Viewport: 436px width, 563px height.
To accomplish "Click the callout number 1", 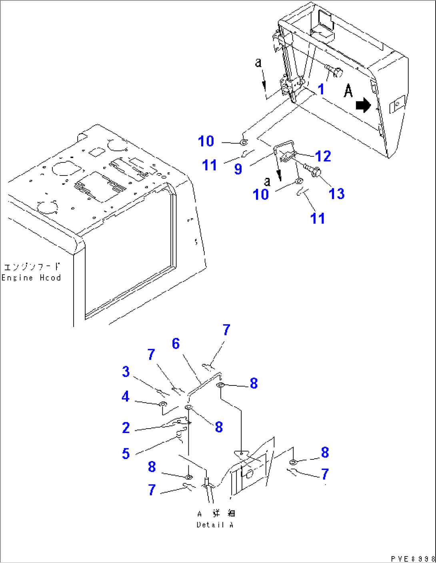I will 321,89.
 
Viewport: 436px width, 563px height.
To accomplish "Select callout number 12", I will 323,156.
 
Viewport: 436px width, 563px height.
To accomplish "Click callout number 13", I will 336,194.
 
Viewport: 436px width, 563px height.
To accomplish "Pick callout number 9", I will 238,169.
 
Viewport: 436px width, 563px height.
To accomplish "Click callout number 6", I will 176,343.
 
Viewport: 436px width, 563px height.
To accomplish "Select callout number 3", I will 126,371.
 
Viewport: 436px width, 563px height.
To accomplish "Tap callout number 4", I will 126,396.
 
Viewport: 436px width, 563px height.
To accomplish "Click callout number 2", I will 126,428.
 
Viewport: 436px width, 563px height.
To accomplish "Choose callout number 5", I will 126,453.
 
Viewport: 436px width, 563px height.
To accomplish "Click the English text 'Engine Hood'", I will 31,278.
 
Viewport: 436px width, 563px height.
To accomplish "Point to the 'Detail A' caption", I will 215,525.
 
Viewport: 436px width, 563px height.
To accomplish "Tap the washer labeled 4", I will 163,404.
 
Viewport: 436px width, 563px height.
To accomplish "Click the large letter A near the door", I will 348,91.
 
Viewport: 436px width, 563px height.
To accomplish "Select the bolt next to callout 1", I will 334,72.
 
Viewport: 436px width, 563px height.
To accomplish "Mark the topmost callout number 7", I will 226,330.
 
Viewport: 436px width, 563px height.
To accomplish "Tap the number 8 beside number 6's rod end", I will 254,383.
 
